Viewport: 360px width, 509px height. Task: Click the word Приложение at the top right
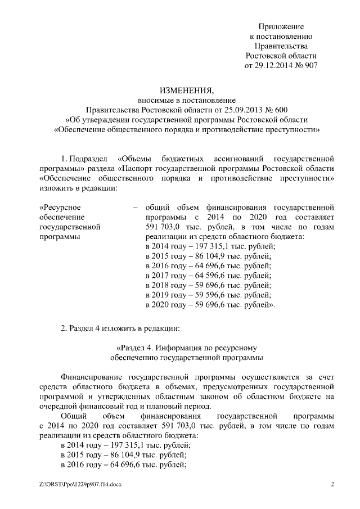tap(281, 26)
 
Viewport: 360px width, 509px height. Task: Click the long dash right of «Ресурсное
tap(135, 207)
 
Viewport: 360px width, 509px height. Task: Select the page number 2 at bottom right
tap(332, 484)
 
